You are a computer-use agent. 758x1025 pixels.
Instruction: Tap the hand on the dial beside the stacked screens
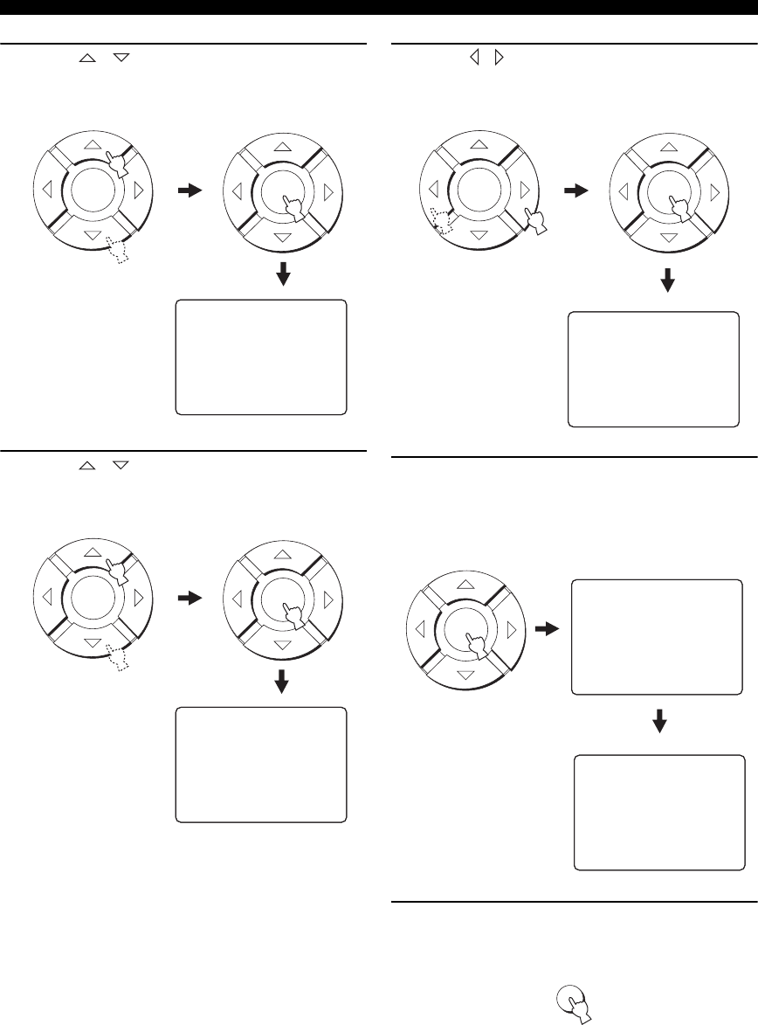click(477, 647)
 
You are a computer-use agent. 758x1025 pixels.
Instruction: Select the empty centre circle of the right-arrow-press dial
click(476, 190)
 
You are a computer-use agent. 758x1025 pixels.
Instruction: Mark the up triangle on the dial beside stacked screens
click(466, 583)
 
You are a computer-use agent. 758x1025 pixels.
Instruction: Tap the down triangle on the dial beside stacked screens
click(466, 675)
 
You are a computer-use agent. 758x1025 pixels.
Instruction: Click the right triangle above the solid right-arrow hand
click(522, 189)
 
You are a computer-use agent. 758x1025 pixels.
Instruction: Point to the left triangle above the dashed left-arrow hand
click(431, 189)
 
